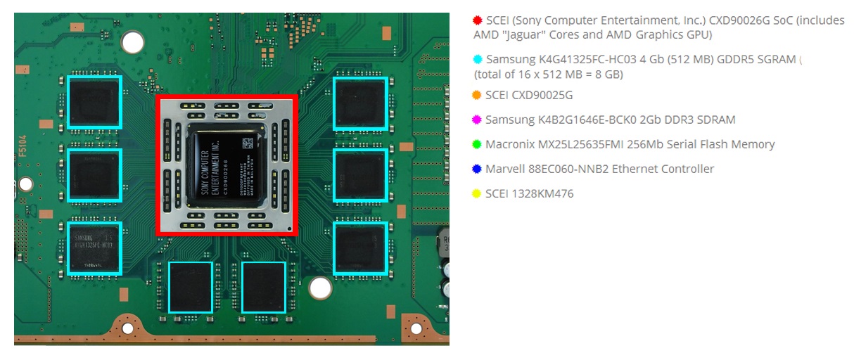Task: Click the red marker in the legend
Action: [x=478, y=20]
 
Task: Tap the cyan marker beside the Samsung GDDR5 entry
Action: [x=478, y=60]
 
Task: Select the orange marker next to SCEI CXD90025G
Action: [x=478, y=95]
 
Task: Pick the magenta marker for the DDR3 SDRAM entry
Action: [x=478, y=120]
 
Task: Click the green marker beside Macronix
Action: [x=478, y=144]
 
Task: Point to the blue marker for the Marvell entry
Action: [x=478, y=169]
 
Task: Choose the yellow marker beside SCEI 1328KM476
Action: [x=478, y=193]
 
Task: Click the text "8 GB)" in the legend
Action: [x=608, y=74]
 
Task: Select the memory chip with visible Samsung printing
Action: [x=95, y=247]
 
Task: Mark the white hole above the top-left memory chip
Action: [x=132, y=43]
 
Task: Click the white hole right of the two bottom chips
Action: [x=320, y=287]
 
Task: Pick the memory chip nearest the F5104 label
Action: [x=95, y=174]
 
